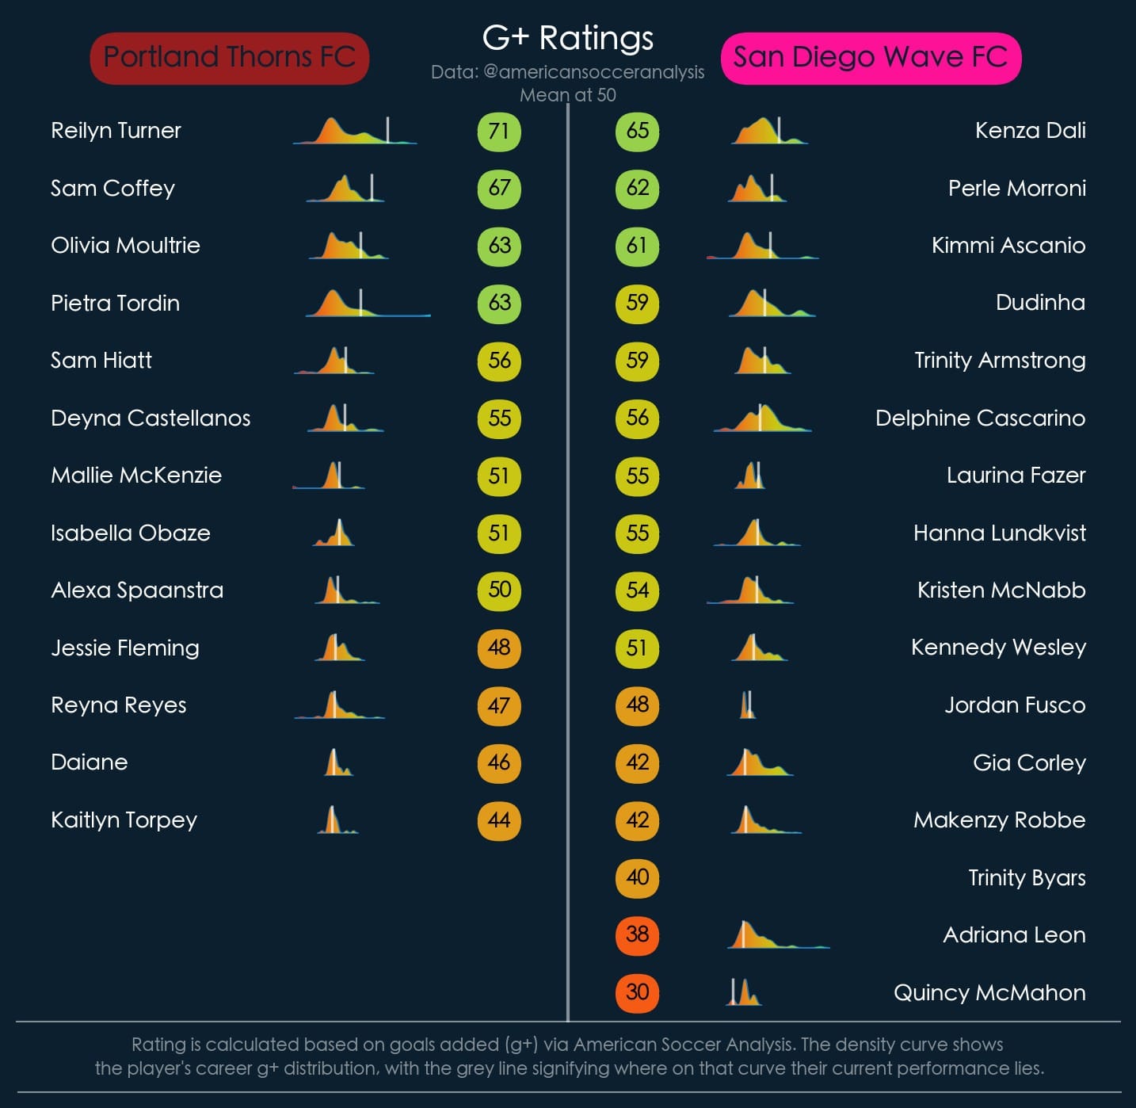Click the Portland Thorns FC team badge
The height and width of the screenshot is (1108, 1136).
(x=230, y=58)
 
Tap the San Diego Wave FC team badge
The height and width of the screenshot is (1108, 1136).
(x=871, y=58)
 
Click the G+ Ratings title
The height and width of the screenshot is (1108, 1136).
(x=568, y=37)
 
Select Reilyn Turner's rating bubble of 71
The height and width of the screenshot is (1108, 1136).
(x=499, y=131)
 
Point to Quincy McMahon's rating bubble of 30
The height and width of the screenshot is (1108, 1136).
(x=637, y=992)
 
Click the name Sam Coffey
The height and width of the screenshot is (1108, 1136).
(x=112, y=189)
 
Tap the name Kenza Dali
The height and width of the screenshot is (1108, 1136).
(x=1030, y=131)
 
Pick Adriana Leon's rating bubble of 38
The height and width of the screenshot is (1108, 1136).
(x=637, y=934)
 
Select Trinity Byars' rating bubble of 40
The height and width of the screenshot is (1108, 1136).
(x=637, y=877)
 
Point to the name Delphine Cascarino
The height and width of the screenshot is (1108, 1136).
(x=980, y=418)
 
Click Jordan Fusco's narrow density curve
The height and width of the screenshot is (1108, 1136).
(x=747, y=705)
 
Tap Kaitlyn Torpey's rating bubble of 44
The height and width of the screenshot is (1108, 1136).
(x=499, y=820)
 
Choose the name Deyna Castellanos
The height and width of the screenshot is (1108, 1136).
(x=151, y=418)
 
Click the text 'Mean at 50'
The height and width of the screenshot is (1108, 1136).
(x=568, y=95)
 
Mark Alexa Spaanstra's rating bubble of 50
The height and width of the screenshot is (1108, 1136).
(x=499, y=590)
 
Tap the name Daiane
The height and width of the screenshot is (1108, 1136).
(x=90, y=762)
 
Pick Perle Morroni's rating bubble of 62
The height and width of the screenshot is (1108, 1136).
(x=637, y=189)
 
